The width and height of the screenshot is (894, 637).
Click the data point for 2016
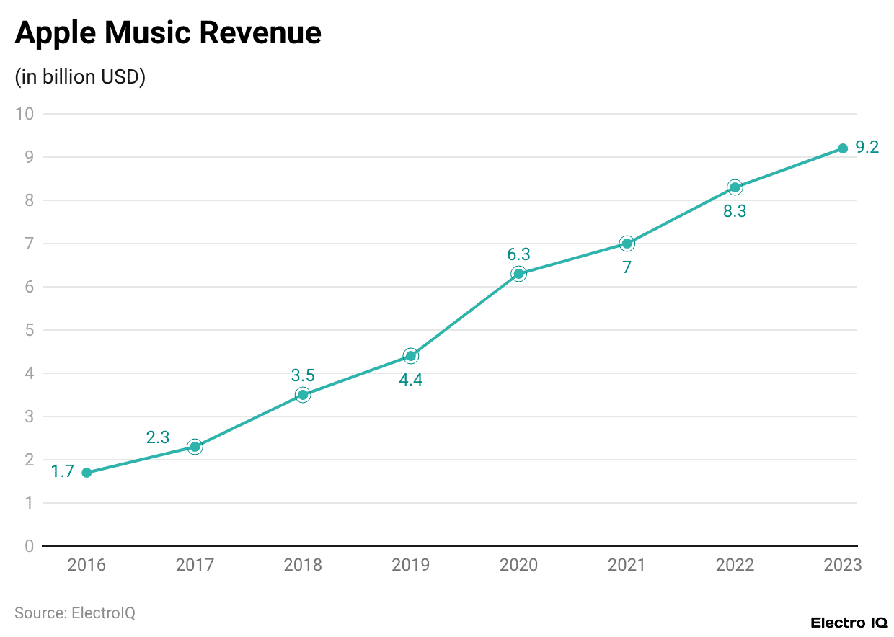tap(87, 473)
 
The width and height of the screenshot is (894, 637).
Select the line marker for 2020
tap(518, 274)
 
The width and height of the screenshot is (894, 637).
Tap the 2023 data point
tap(842, 148)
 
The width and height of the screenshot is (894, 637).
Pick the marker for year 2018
tap(303, 395)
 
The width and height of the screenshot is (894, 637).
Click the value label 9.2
tap(867, 148)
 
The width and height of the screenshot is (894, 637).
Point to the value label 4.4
tap(410, 380)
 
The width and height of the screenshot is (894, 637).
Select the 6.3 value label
tap(518, 254)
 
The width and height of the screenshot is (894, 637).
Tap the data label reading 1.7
tap(63, 473)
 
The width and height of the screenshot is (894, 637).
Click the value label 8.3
tap(734, 212)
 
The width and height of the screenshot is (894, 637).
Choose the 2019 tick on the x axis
tap(410, 565)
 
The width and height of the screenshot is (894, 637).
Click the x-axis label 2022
tap(734, 565)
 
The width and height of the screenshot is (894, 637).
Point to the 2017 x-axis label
tap(195, 565)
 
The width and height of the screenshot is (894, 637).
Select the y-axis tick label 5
tap(30, 330)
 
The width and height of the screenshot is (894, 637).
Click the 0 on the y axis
tap(30, 546)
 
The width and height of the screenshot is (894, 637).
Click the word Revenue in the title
tap(260, 33)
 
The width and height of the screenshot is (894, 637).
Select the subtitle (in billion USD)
tap(80, 77)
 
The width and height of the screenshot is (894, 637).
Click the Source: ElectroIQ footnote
tap(75, 613)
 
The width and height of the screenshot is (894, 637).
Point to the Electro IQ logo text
tap(849, 623)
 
